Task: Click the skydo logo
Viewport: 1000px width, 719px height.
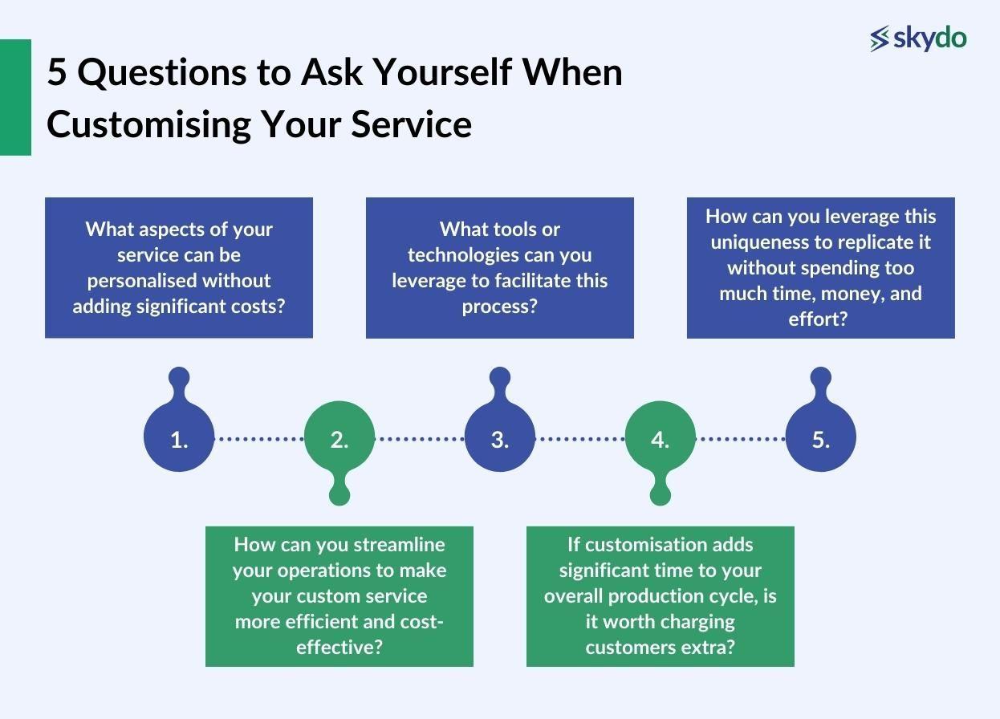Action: point(918,38)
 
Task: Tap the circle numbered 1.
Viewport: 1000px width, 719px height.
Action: point(179,437)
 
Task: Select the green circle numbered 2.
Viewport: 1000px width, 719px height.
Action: point(339,437)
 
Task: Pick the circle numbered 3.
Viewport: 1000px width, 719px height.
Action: point(500,437)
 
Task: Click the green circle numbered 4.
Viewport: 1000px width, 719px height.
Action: point(660,437)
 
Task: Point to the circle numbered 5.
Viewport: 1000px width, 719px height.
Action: point(820,437)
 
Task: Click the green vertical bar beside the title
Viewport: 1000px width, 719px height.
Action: point(15,97)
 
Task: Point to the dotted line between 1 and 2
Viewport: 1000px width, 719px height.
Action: point(259,439)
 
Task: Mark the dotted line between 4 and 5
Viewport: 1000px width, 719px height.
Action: point(740,439)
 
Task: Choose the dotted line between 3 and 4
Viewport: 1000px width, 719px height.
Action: point(579,439)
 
